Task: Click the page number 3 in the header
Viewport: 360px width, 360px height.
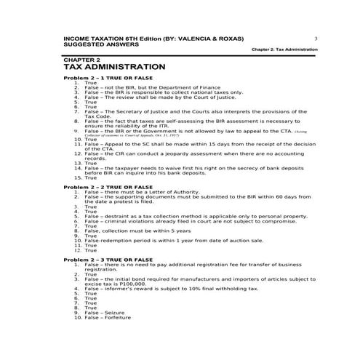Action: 316,37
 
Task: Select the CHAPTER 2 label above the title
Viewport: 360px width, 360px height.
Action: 82,59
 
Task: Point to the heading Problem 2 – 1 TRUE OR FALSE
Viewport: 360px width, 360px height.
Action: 108,78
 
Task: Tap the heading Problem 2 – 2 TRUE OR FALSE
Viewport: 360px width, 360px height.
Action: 108,188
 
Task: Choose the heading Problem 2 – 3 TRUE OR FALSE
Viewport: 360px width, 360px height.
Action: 108,260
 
